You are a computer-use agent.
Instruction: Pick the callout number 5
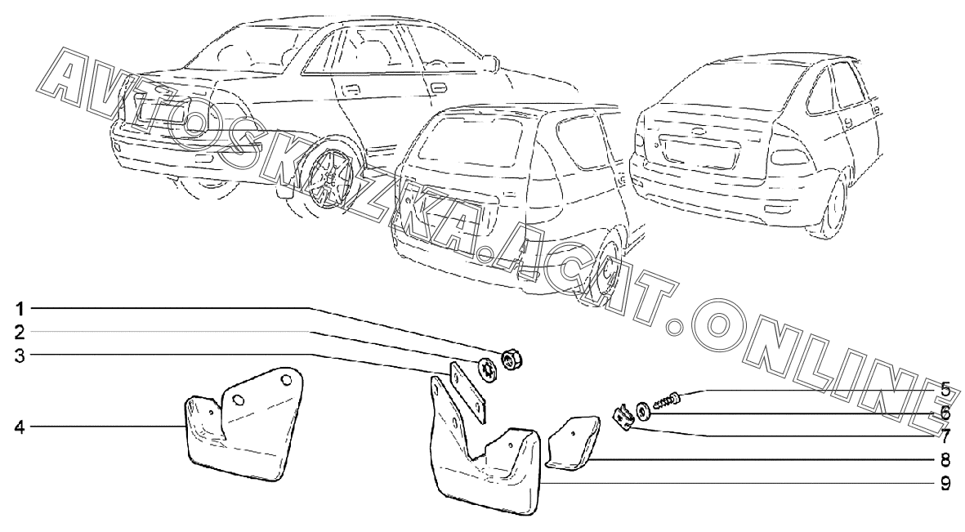coord(945,387)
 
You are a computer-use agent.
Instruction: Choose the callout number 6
coord(945,413)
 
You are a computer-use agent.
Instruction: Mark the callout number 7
coord(945,435)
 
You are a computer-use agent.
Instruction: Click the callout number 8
coord(945,460)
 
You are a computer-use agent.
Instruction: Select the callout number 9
coord(945,483)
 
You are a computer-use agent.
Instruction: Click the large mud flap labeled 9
coord(482,470)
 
